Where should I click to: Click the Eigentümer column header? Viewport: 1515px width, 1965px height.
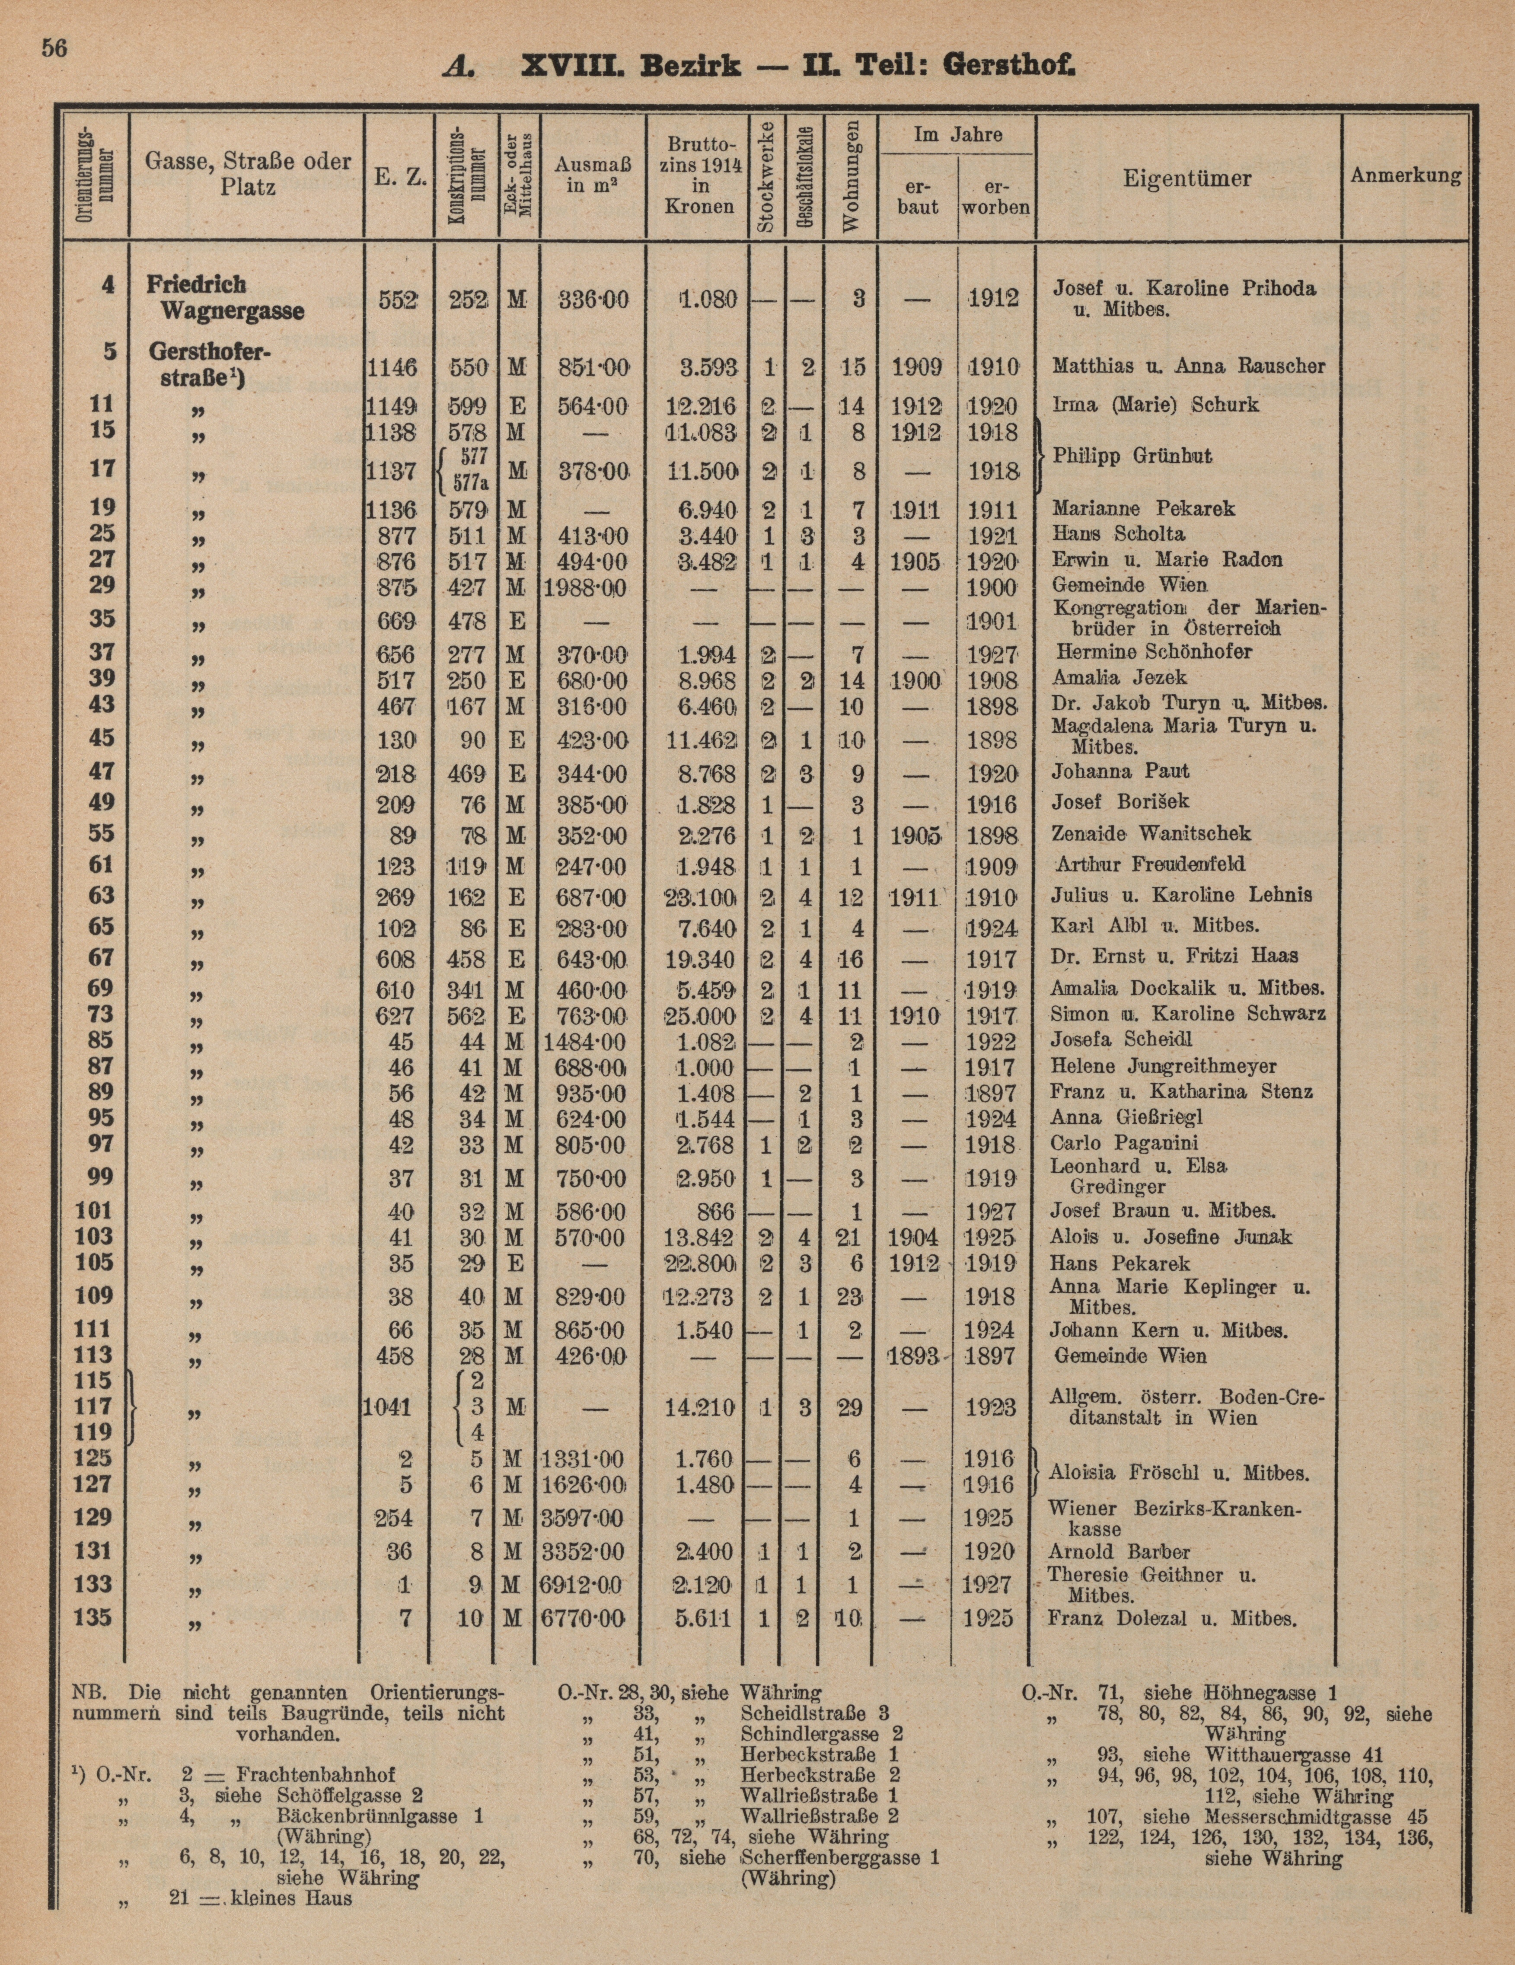click(1186, 178)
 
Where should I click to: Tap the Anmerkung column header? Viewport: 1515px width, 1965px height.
click(1405, 175)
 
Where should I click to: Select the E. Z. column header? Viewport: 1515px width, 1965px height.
click(399, 178)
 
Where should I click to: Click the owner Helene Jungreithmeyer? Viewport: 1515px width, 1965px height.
click(1163, 1066)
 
